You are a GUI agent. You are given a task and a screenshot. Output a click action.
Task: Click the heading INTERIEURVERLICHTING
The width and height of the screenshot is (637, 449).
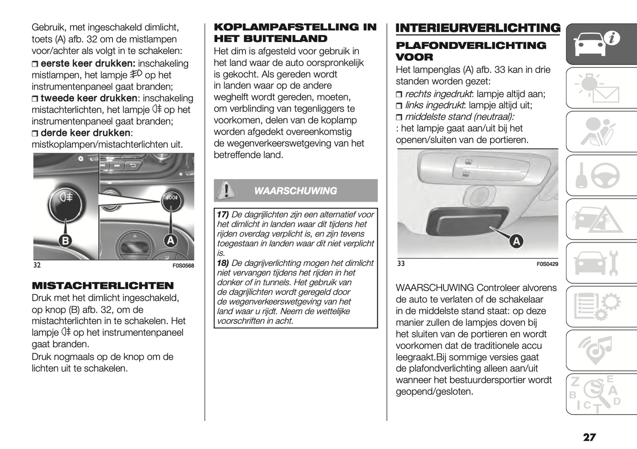(x=478, y=28)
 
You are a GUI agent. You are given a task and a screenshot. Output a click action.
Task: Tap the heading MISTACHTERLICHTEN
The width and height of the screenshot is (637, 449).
(x=103, y=285)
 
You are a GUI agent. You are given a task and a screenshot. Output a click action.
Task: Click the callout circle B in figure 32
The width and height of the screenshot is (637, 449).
(x=65, y=240)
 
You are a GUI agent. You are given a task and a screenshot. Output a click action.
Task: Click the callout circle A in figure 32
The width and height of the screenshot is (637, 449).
(x=170, y=240)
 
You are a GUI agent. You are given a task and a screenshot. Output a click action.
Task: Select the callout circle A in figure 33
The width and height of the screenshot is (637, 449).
(x=516, y=241)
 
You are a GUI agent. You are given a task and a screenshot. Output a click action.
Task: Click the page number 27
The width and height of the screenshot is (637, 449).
(x=589, y=437)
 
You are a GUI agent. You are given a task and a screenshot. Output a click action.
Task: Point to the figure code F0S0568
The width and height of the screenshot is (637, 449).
(x=183, y=266)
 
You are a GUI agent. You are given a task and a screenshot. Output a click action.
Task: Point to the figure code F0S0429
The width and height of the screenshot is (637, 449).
(x=547, y=264)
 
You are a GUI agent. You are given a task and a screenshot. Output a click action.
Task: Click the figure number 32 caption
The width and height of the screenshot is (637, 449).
(x=37, y=265)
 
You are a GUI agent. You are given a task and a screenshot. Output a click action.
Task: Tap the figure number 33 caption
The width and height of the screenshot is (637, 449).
(x=401, y=263)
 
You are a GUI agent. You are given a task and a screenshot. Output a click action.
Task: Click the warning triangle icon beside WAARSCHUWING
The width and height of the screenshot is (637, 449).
(x=226, y=191)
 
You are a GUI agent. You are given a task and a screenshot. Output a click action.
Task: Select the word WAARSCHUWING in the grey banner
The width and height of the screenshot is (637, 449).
(x=295, y=191)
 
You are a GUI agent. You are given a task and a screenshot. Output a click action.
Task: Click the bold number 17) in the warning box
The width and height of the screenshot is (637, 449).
(x=223, y=214)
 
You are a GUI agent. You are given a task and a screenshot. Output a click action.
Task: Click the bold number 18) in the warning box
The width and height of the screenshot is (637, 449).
(x=223, y=263)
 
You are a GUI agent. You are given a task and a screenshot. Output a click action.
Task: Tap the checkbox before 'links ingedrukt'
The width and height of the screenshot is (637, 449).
(x=399, y=105)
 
